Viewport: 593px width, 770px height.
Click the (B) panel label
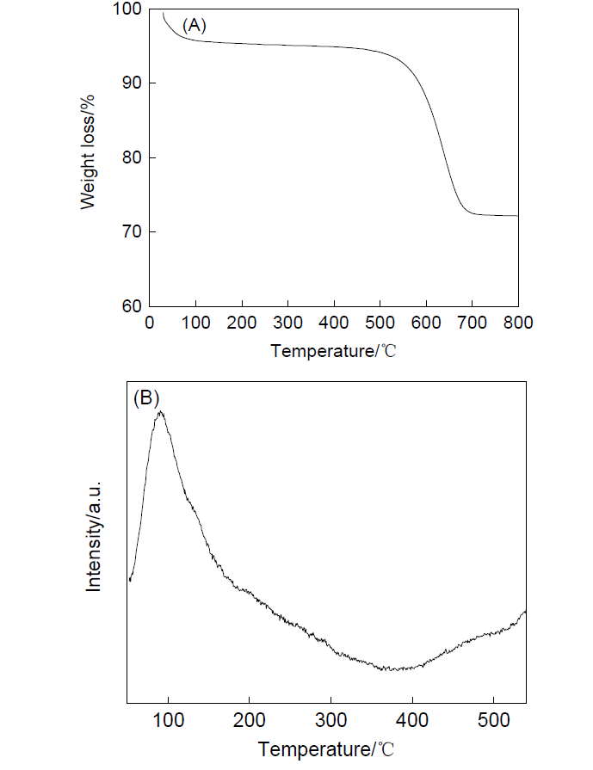coord(147,398)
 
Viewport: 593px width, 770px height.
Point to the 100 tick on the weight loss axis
coord(127,9)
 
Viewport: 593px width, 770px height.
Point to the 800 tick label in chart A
coord(518,323)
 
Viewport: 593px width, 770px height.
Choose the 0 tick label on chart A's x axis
coord(150,323)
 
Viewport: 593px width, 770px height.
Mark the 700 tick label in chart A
coord(472,323)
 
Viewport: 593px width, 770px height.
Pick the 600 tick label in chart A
coord(426,323)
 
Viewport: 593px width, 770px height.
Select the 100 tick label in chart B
coord(168,718)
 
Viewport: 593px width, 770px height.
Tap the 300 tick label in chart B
coord(330,718)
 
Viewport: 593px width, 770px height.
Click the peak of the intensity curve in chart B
coord(160,412)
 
